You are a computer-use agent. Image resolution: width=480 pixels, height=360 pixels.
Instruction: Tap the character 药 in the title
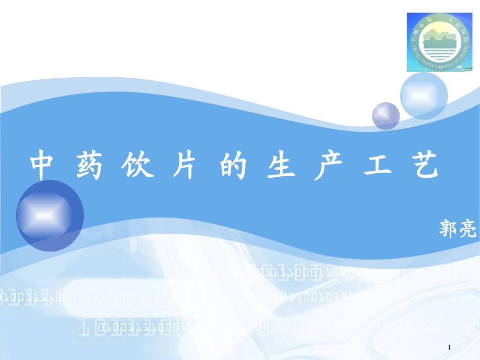coord(89,165)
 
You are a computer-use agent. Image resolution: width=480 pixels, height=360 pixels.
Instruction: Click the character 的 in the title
coord(233,165)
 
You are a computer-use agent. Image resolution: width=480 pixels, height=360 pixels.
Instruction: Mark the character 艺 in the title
coord(423,165)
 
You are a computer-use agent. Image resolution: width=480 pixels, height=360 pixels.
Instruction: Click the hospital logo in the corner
coord(439,42)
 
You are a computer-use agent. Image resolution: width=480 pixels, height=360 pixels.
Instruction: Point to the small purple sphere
coord(386,116)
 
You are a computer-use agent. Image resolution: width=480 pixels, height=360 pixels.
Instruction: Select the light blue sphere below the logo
coord(423,96)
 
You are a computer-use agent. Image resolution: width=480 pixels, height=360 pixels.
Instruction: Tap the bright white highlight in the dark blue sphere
coord(43,216)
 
